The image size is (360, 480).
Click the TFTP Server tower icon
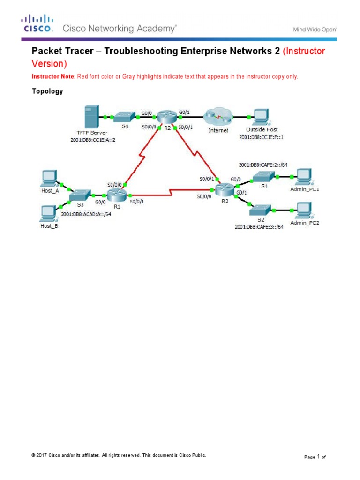(x=90, y=117)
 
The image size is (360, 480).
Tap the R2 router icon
(x=165, y=117)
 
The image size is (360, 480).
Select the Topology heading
(x=47, y=91)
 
